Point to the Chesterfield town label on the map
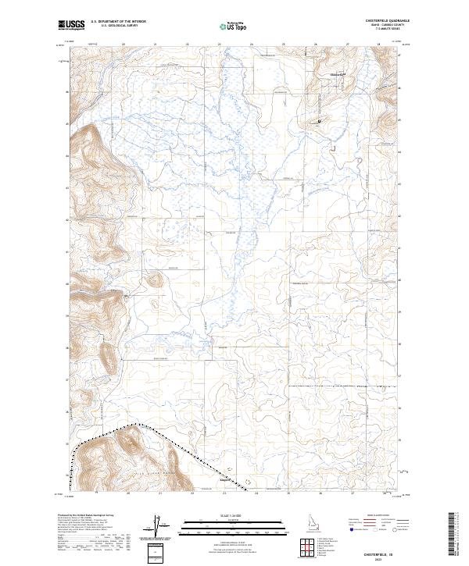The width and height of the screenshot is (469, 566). tap(338, 74)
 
